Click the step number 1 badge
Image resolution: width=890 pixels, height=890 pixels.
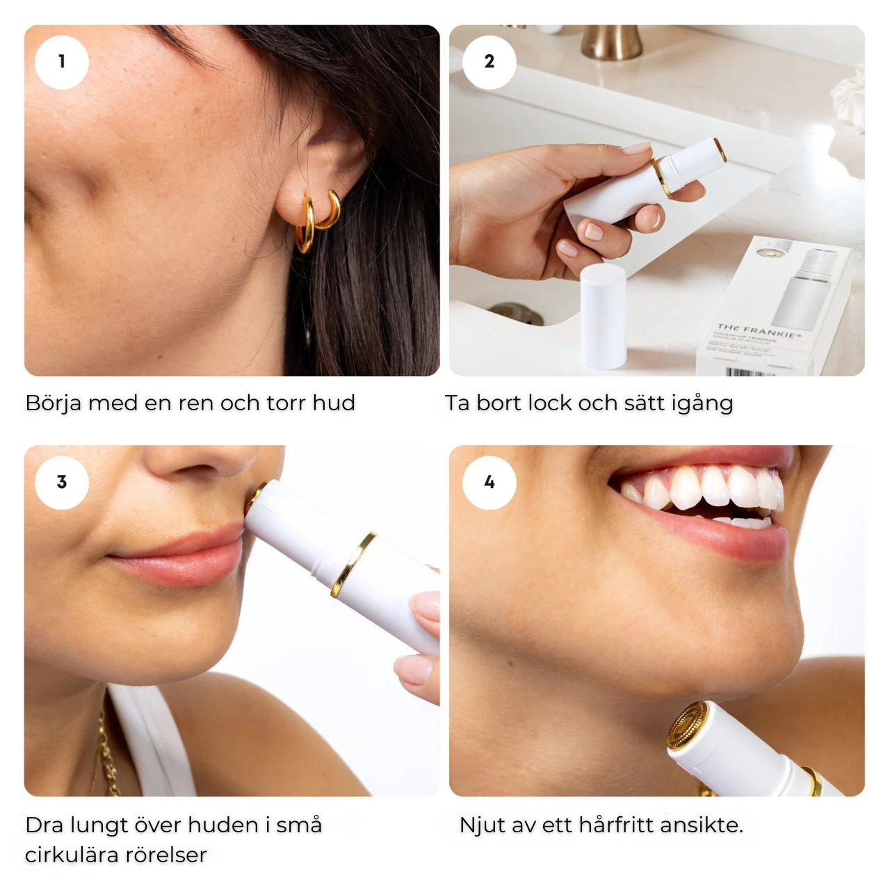pos(62,62)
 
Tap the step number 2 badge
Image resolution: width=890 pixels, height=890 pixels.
pos(489,62)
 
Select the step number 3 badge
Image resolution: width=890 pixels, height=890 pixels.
pos(62,482)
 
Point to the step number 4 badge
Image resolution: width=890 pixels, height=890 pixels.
pos(489,482)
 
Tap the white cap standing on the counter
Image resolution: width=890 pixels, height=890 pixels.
pos(603,316)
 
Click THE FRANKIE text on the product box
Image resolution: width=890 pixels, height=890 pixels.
pos(759,330)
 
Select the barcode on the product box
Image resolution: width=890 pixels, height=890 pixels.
pos(750,372)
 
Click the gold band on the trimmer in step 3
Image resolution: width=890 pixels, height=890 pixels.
pos(353,565)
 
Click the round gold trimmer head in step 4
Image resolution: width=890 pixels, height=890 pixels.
pos(687,726)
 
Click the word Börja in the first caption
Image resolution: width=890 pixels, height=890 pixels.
pos(53,403)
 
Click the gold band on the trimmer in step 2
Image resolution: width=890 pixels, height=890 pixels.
pos(660,178)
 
